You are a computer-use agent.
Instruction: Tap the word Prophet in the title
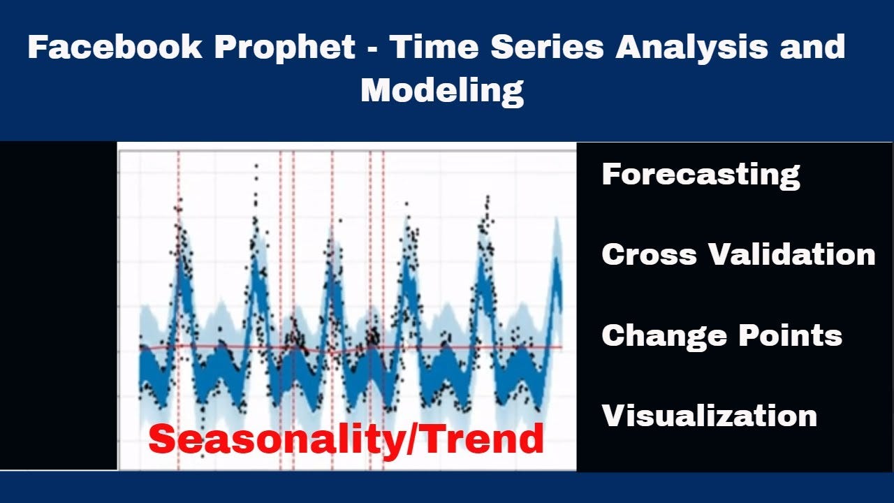tap(285, 48)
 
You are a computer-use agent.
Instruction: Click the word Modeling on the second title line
tap(441, 91)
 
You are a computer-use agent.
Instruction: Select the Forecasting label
tap(701, 174)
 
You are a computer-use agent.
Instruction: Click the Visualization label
tap(709, 416)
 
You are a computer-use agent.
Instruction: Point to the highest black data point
tap(256, 166)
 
